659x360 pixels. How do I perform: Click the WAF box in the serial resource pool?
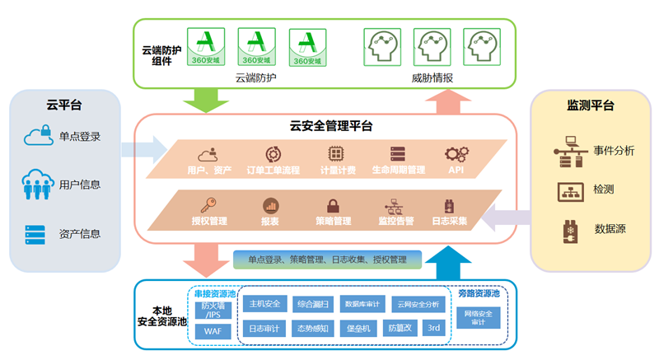tap(212, 331)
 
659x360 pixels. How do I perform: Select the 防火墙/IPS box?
tap(212, 309)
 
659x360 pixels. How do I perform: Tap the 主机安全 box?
tap(265, 304)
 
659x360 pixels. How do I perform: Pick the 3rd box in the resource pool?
tap(434, 327)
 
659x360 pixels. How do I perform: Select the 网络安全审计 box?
tap(479, 317)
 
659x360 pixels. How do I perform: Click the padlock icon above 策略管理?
tap(334, 205)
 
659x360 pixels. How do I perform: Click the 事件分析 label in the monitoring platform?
tap(614, 151)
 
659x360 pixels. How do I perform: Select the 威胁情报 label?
tap(432, 78)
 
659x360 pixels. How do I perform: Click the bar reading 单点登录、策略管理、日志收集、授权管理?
tap(327, 259)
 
